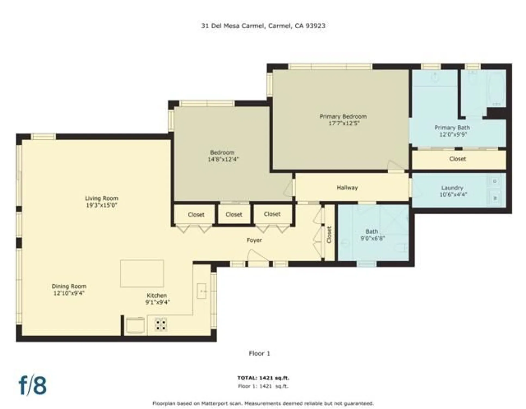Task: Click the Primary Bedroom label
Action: tap(343, 116)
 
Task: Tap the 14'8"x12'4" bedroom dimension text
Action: tap(223, 159)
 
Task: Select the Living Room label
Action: tap(102, 198)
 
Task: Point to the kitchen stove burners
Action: tap(161, 324)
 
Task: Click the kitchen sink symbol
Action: tap(201, 291)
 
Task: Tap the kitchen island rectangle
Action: tap(142, 273)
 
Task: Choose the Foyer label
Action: tap(254, 240)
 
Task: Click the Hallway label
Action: tap(347, 188)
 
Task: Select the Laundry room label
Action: tap(452, 188)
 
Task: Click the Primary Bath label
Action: tap(452, 128)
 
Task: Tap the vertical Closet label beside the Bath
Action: tap(329, 235)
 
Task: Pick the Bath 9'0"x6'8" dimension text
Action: tap(372, 238)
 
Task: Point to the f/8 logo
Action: tap(33, 385)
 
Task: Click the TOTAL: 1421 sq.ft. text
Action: tap(263, 378)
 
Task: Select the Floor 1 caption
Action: tap(259, 353)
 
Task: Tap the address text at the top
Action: tap(263, 26)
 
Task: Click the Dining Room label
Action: tap(69, 286)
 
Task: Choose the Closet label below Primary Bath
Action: tap(457, 159)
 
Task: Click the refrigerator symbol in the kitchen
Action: tap(135, 325)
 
